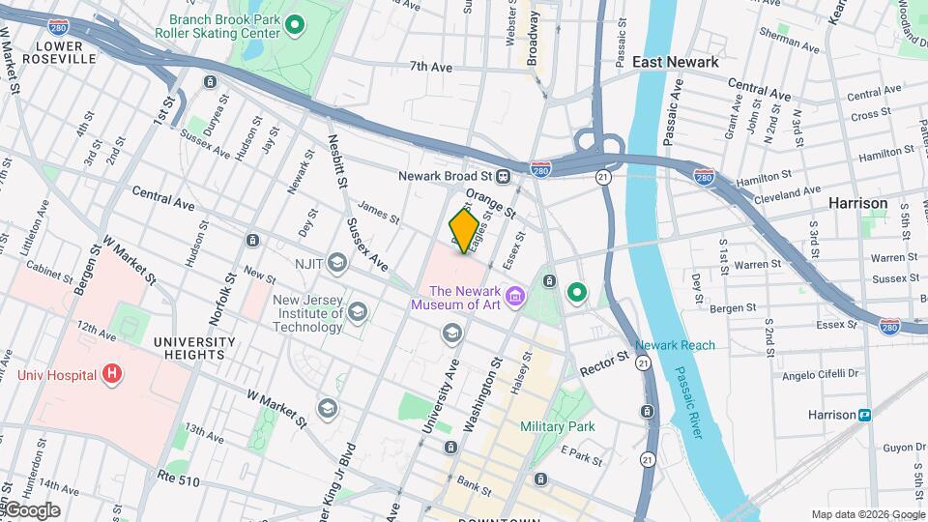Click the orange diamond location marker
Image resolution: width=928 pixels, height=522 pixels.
[464, 231]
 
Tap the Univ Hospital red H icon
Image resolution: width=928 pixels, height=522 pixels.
[113, 373]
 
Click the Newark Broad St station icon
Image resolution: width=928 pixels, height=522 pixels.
[504, 177]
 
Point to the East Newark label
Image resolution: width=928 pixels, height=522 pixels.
[675, 62]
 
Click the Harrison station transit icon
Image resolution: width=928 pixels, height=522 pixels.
[864, 415]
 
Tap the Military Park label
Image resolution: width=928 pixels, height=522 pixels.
[557, 426]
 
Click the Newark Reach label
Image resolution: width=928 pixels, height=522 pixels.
[675, 345]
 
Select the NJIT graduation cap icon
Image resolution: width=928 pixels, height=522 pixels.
[336, 261]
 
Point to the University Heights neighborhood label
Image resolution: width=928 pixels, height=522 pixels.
[193, 348]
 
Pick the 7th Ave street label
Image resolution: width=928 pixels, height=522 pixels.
[431, 67]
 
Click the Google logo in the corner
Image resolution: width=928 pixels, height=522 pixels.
[32, 510]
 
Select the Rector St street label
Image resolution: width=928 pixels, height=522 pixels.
[605, 365]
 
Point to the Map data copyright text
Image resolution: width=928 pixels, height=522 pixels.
[866, 514]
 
